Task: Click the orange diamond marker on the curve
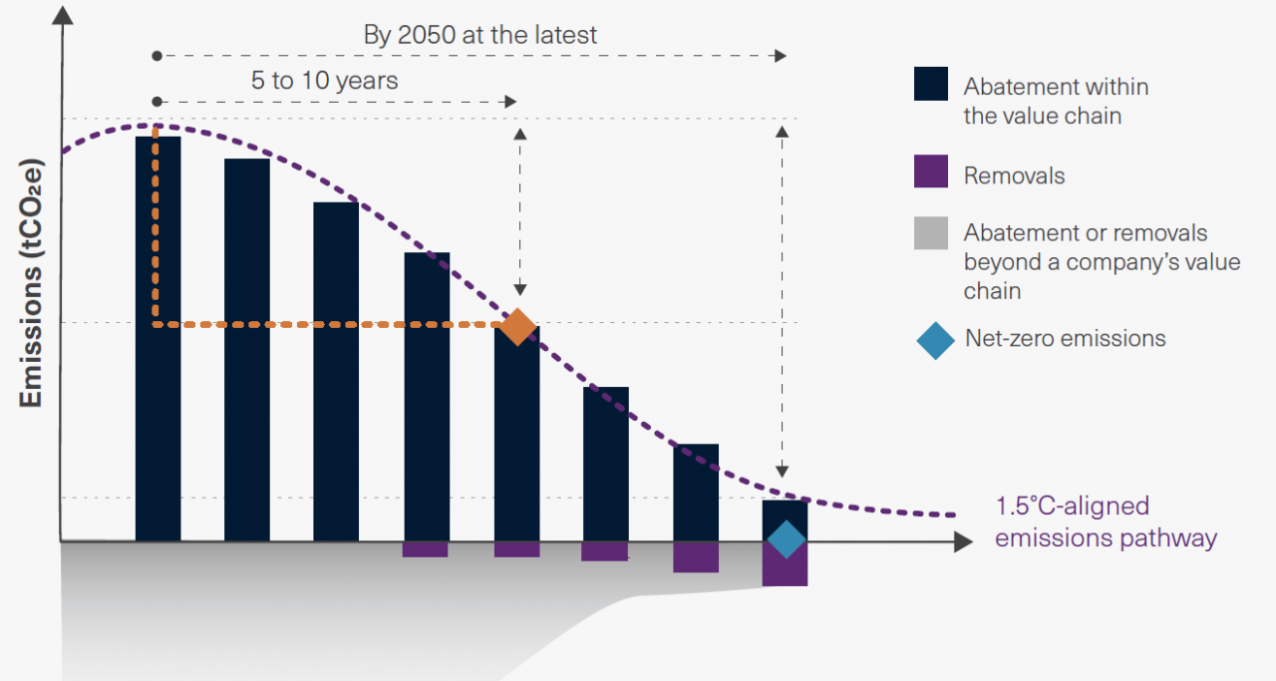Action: point(517,326)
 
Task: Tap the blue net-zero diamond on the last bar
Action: point(786,539)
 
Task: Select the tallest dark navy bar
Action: point(158,339)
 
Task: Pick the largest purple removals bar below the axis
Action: point(785,564)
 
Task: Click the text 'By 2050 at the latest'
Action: point(480,35)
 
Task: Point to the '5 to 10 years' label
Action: point(324,81)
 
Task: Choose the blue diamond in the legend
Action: point(935,340)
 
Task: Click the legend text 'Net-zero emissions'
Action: point(1065,338)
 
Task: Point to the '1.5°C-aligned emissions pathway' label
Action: point(1106,522)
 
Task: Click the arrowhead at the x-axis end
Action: point(962,542)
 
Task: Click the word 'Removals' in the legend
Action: point(1014,176)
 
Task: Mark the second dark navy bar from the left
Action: point(247,350)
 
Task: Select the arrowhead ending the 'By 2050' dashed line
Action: point(781,56)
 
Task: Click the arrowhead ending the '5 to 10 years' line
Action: point(510,102)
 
